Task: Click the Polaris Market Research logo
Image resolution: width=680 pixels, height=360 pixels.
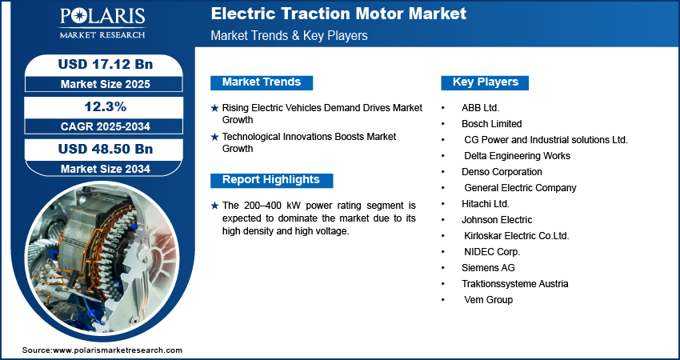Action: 102,23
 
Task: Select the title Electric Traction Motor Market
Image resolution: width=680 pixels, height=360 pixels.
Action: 338,14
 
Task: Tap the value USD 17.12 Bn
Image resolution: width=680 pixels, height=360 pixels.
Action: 106,64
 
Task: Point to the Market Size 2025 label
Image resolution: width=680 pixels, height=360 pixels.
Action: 106,84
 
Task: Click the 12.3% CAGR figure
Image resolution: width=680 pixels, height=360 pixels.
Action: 106,106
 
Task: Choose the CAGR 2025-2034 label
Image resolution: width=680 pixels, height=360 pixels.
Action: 106,126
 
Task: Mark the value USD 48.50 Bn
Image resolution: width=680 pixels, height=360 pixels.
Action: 106,149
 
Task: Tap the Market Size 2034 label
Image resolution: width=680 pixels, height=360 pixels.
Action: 106,169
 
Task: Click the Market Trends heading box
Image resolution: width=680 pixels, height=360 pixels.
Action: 262,82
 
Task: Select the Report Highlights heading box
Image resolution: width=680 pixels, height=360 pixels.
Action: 271,180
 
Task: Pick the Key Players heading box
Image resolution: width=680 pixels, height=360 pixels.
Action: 485,82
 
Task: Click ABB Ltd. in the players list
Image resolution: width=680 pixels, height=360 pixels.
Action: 481,107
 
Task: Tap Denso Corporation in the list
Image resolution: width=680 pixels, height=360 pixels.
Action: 502,172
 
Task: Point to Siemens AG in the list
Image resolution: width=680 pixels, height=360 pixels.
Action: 488,268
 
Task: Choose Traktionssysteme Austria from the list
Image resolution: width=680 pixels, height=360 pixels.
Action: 514,284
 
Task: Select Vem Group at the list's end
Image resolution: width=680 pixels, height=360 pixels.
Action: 488,300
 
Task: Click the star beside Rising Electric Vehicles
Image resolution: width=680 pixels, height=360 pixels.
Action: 214,109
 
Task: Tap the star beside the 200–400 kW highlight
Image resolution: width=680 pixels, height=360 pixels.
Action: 214,206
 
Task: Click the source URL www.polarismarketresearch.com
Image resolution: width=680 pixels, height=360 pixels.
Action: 118,350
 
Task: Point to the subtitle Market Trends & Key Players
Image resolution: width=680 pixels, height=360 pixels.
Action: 290,35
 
